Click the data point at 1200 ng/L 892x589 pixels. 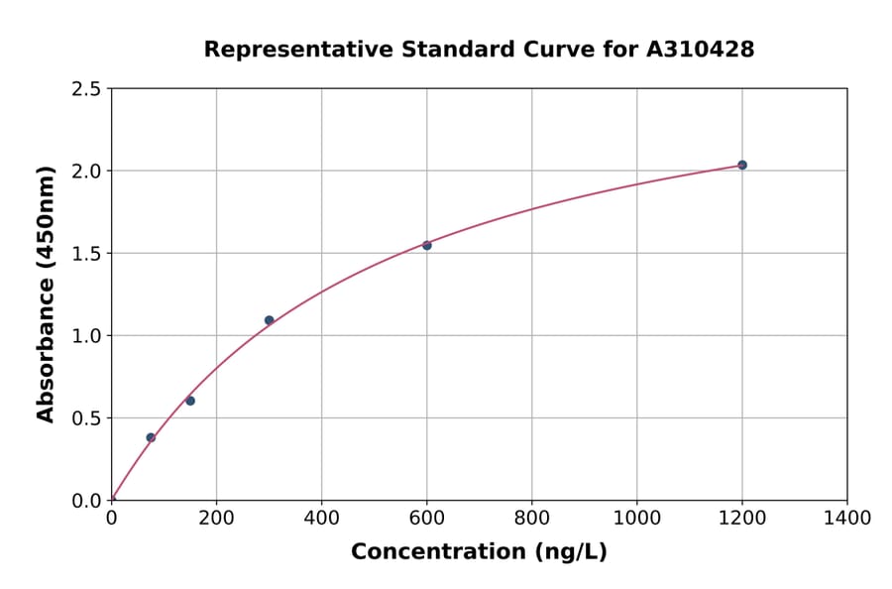tap(742, 165)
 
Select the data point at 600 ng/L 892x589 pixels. tap(427, 245)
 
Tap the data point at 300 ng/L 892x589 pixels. tap(269, 320)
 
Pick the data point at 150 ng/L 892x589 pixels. tap(190, 401)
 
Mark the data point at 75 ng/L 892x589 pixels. tap(151, 437)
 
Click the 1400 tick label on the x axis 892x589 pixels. tap(846, 518)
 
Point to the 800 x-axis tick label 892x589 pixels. tap(531, 518)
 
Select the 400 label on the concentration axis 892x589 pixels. tap(321, 518)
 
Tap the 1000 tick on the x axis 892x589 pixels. tap(636, 518)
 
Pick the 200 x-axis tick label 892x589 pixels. tap(216, 518)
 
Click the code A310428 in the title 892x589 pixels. tap(701, 50)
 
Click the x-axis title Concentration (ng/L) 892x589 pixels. tap(479, 552)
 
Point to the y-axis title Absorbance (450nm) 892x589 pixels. tap(46, 294)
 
